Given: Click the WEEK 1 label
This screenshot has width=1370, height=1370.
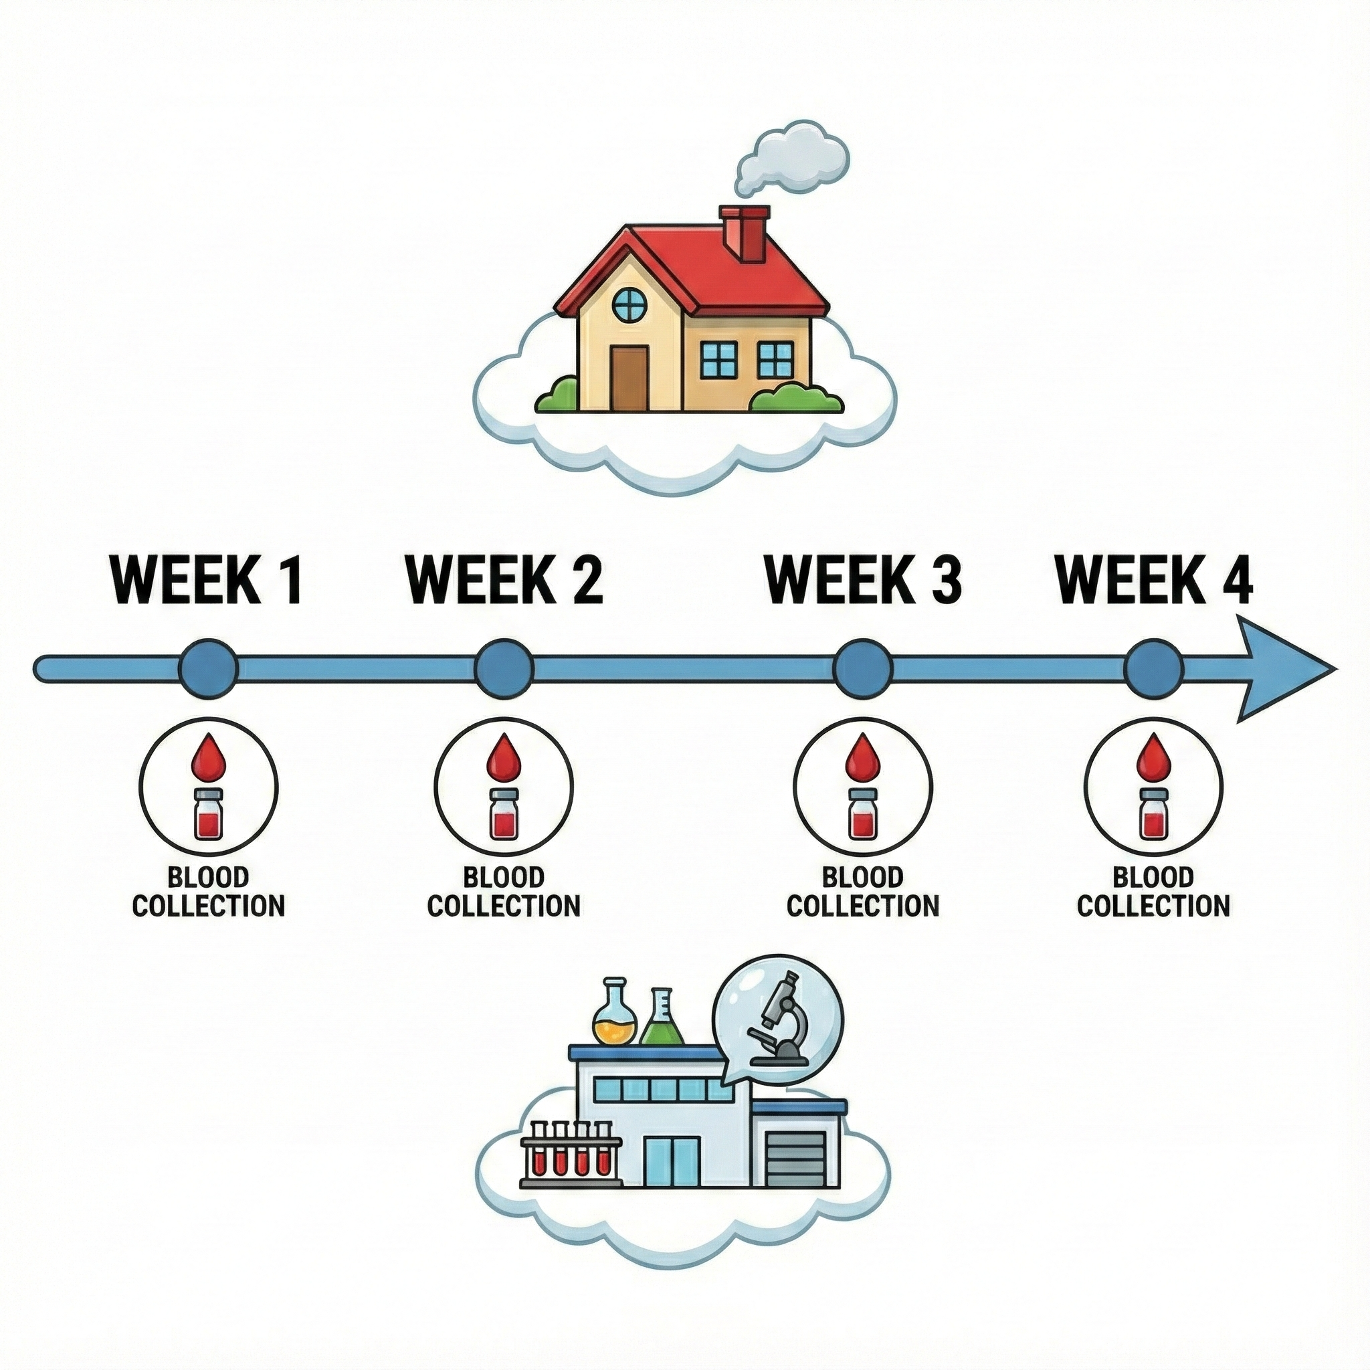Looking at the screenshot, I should [x=208, y=580].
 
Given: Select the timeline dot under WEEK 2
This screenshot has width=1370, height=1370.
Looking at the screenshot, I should [x=504, y=668].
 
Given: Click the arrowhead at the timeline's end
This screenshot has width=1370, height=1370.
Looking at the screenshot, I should [x=1284, y=668].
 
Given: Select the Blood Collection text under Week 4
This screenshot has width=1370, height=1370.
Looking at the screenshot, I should [x=1154, y=893].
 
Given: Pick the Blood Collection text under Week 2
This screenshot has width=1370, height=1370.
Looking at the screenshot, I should [x=504, y=893].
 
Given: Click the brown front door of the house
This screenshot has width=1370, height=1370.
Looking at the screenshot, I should [x=629, y=378].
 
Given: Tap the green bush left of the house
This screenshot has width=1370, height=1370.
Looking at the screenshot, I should [x=558, y=395].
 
